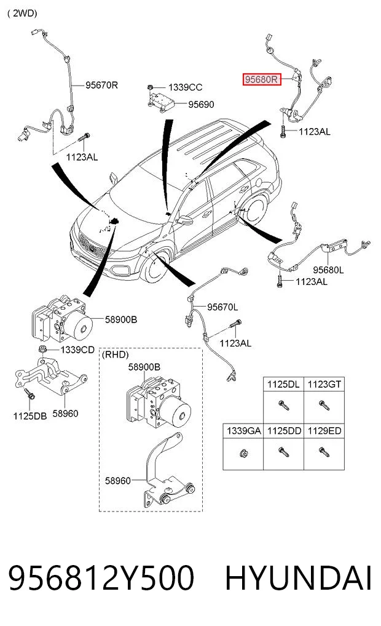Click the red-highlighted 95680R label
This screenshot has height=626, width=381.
click(262, 79)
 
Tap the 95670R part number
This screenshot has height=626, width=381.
click(101, 85)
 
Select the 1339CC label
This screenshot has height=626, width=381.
click(186, 87)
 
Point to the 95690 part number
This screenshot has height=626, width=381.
click(202, 104)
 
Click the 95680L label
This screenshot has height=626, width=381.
click(328, 270)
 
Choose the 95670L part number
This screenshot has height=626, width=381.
click(222, 307)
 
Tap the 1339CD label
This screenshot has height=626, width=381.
click(77, 350)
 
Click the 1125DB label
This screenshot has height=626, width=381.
click(30, 416)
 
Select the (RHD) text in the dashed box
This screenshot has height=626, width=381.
click(115, 355)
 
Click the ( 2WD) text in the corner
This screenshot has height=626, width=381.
click(22, 13)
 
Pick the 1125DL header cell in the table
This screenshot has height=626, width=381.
click(283, 385)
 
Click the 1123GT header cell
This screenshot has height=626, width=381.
click(324, 385)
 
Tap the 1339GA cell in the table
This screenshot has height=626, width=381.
click(243, 431)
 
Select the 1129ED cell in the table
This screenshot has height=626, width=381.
click(324, 431)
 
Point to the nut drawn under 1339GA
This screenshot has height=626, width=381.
click(243, 453)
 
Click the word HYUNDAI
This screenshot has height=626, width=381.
click(299, 578)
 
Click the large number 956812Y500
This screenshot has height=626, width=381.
click(101, 578)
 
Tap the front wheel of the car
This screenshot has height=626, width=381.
click(156, 265)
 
